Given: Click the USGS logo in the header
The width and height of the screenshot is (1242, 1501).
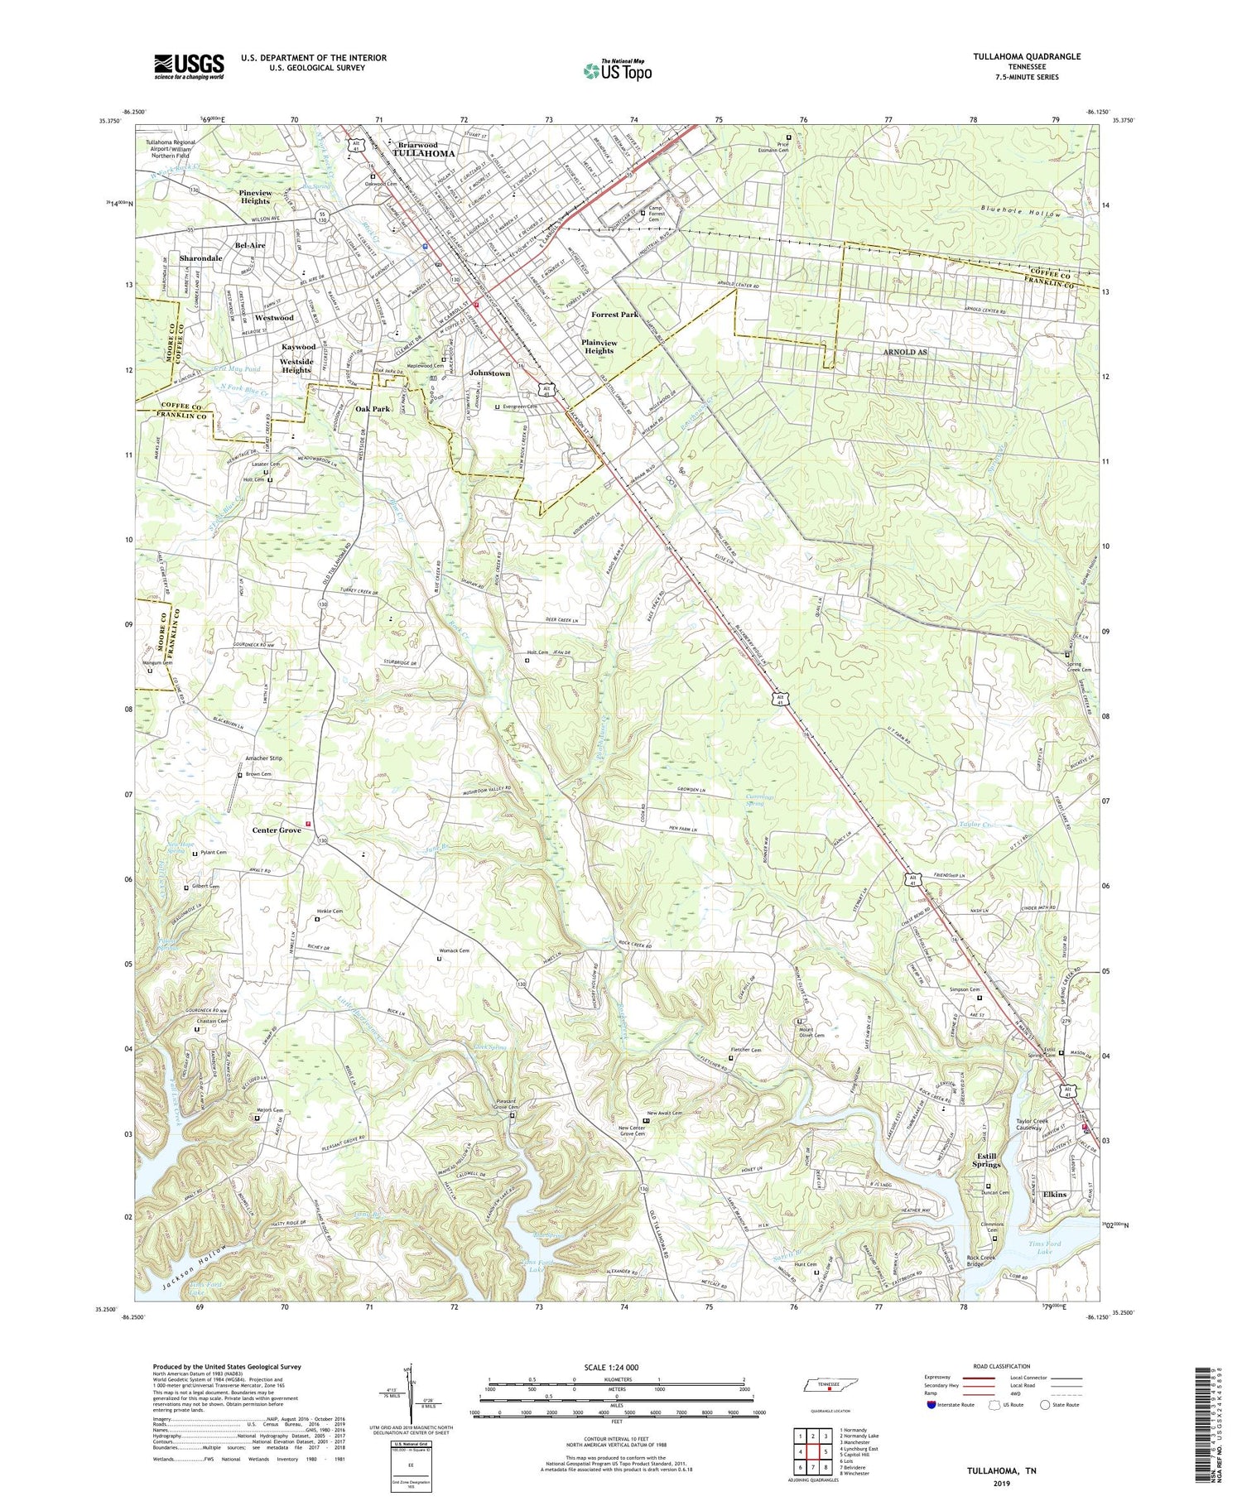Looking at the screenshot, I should click(x=189, y=66).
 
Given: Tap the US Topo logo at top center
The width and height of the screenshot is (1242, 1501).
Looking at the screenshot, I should click(x=617, y=70).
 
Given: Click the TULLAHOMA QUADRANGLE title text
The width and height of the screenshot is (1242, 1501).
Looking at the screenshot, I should click(x=1017, y=56).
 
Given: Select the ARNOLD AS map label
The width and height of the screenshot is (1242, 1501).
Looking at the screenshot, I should click(x=904, y=352).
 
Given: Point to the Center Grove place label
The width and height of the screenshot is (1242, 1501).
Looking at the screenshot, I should click(x=277, y=830).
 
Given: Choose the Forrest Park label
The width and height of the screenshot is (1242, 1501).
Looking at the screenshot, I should click(x=614, y=315).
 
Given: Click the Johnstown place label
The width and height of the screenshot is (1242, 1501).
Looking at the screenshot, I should click(x=489, y=373).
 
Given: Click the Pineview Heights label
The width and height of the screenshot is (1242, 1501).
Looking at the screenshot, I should click(x=255, y=197).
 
